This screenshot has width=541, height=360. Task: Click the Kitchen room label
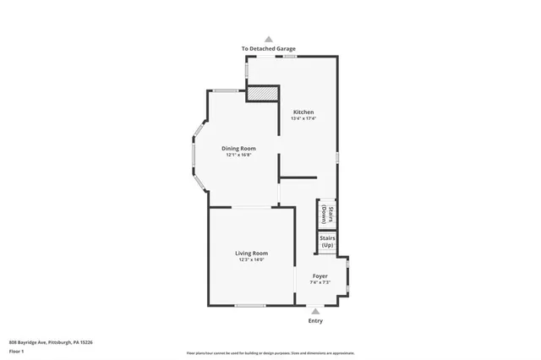[x=303, y=112]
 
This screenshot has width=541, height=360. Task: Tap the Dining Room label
[x=239, y=149]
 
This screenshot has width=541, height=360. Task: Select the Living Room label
[x=251, y=254]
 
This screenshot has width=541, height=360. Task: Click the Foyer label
[x=320, y=276]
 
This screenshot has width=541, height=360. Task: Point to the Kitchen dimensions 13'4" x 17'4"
[x=303, y=118]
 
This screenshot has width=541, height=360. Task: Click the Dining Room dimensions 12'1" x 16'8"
[x=239, y=155]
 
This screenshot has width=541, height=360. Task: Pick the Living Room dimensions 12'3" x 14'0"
[x=251, y=260]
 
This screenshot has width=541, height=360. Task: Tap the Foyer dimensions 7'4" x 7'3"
[x=320, y=282]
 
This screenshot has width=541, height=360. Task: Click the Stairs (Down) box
[x=328, y=214]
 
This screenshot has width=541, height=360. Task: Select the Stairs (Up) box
[x=328, y=242]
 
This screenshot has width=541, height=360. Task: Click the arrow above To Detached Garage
[x=269, y=39]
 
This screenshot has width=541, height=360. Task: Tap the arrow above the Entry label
[x=315, y=311]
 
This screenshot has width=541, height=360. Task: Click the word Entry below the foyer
[x=315, y=321]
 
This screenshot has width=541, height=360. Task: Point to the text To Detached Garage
[x=269, y=49]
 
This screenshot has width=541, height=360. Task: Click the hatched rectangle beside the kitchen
[x=262, y=93]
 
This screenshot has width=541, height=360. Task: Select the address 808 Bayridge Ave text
[x=51, y=342]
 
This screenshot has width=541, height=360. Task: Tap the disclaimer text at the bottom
[x=270, y=353]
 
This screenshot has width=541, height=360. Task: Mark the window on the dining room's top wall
[x=224, y=90]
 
